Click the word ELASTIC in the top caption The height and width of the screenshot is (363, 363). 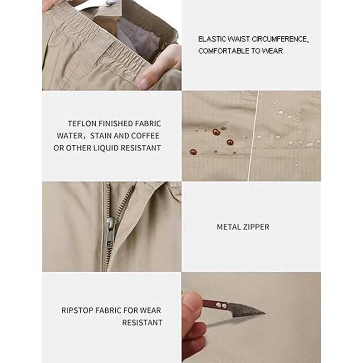coord(212,39)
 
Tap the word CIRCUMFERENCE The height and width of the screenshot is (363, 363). coord(280,39)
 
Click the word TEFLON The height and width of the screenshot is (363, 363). coord(82,123)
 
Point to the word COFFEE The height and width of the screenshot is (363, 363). coord(145,136)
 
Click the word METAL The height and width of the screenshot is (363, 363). coord(226,227)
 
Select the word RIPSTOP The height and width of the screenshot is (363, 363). coord(77,310)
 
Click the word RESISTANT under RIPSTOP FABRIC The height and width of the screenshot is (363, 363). coord(142,323)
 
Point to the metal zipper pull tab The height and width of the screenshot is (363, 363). coord(110,233)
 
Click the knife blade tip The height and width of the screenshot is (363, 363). coord(265,314)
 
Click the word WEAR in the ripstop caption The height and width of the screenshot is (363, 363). coord(151,310)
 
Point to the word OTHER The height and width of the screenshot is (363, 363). coord(78,148)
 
